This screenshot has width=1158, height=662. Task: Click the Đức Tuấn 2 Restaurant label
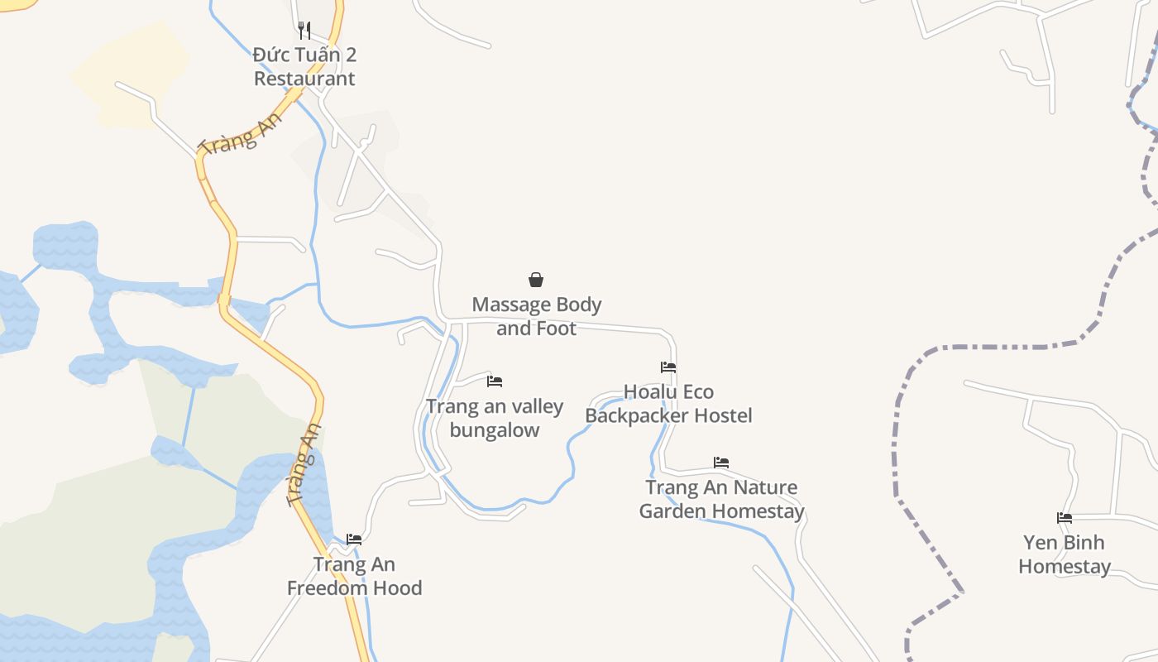(304, 67)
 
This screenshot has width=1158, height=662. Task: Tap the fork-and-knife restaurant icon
(304, 31)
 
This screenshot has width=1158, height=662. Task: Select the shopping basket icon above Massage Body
(536, 280)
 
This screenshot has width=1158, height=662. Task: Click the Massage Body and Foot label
(537, 316)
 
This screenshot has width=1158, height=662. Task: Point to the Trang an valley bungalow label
(495, 418)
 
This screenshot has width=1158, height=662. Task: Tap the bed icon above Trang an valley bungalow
(495, 381)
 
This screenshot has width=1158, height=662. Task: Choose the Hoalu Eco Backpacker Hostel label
(668, 403)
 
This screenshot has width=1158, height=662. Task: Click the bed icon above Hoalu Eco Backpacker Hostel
(668, 367)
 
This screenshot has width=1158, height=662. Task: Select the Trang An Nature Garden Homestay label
(721, 499)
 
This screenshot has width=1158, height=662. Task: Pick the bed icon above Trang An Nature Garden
(721, 462)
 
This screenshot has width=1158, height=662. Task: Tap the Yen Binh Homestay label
(1065, 554)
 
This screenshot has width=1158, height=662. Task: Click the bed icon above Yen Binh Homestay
(1065, 518)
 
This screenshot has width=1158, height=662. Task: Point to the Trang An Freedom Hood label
(354, 576)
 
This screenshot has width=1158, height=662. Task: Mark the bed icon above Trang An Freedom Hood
(354, 539)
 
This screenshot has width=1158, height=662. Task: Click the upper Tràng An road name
(241, 132)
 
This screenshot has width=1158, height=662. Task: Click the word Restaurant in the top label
(304, 79)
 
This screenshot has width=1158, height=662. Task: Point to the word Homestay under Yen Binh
(1065, 567)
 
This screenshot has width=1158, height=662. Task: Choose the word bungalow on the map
(495, 430)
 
